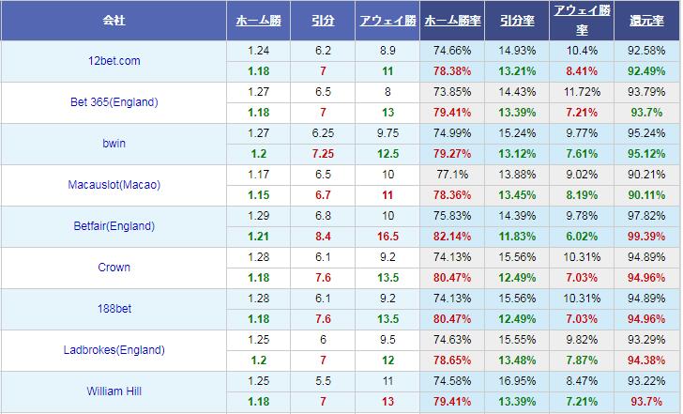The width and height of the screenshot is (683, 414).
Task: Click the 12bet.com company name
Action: [x=114, y=61]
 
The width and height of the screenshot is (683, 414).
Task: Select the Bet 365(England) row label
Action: [x=114, y=102]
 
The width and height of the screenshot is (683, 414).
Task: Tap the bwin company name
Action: [x=114, y=144]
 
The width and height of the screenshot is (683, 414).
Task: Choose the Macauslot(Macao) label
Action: [x=114, y=185]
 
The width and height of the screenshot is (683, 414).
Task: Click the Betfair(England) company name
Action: [x=114, y=226]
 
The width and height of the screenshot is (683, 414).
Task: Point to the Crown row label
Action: [x=114, y=268]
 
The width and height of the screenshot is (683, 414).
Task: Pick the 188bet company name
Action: [x=114, y=309]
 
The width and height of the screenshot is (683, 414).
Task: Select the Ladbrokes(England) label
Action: [x=114, y=350]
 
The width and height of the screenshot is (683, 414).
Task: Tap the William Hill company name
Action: [x=114, y=391]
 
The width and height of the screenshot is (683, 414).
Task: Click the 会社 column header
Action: [x=114, y=19]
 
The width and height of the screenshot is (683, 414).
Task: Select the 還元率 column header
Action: [x=646, y=19]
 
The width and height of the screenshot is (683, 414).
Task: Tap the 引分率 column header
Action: [x=517, y=19]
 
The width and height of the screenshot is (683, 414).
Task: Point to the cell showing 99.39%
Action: [x=646, y=237]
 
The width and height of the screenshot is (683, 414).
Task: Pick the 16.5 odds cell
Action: [x=387, y=237]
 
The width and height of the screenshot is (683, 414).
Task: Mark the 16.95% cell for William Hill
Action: [x=517, y=381]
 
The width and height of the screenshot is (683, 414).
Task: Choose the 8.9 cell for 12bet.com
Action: [x=387, y=51]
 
